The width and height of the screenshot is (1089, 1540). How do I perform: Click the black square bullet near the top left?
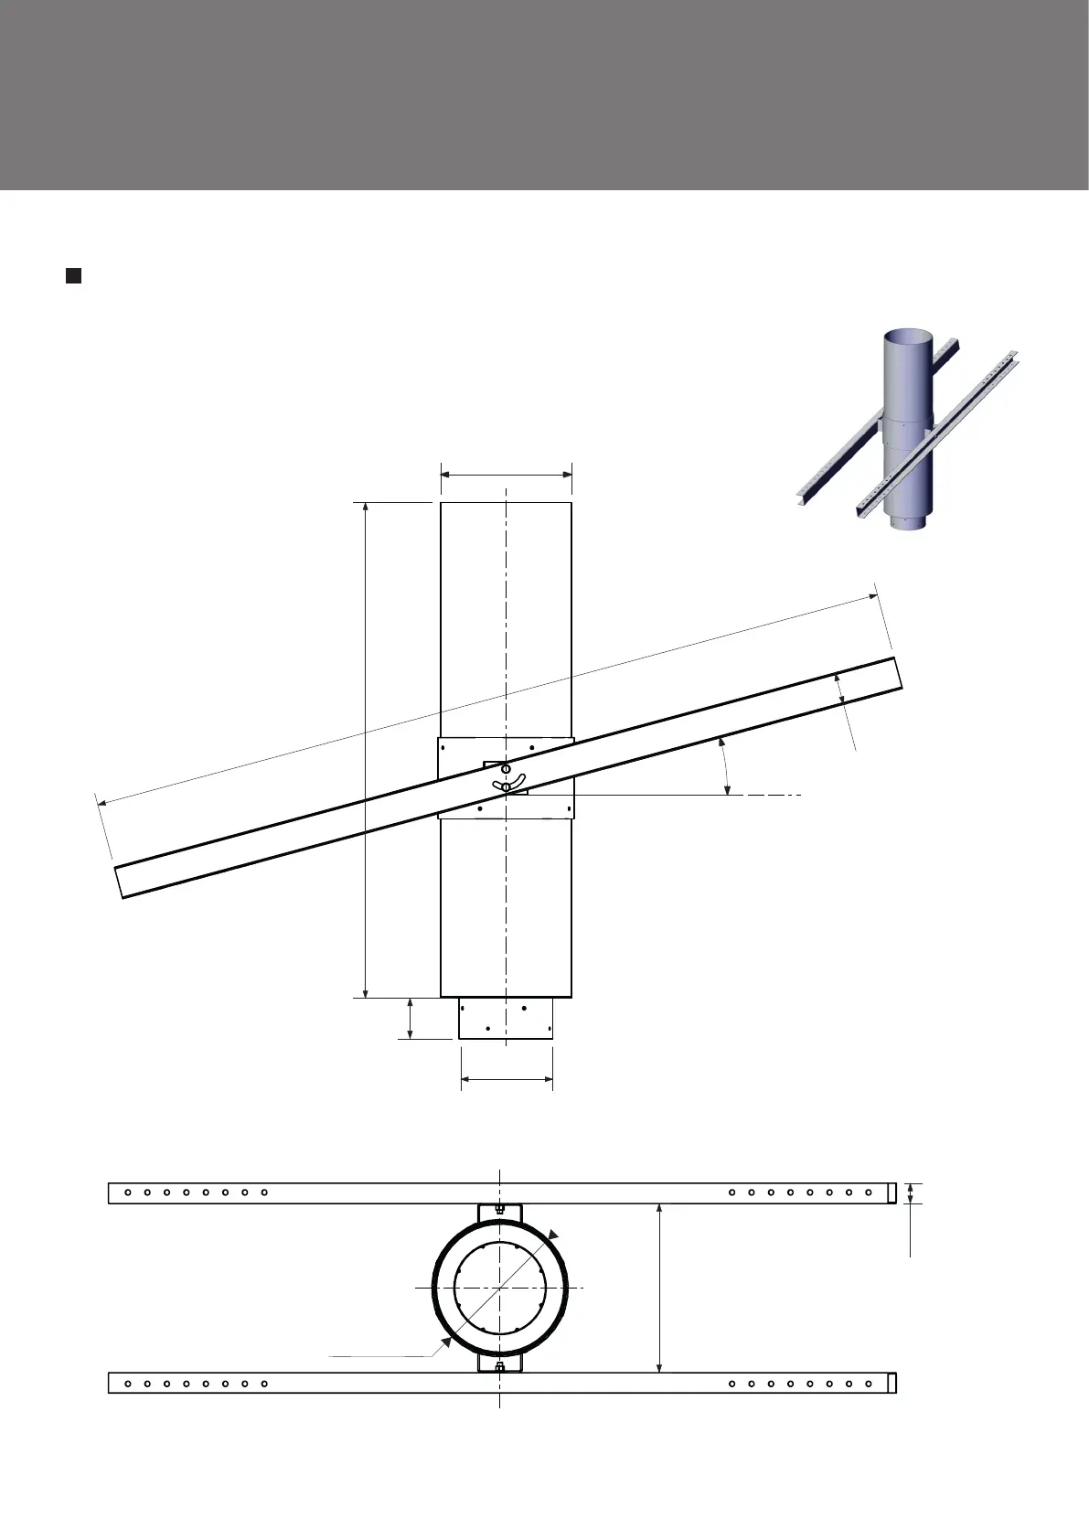pyautogui.click(x=73, y=275)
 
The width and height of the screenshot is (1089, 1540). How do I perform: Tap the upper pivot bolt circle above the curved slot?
pyautogui.click(x=506, y=769)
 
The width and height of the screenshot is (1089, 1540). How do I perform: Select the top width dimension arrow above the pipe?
pyautogui.click(x=507, y=474)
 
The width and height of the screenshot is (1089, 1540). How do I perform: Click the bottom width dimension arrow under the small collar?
pyautogui.click(x=507, y=1080)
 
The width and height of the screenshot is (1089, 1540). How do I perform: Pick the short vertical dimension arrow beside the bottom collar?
pyautogui.click(x=410, y=1018)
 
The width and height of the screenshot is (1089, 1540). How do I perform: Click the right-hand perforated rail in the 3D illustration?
pyautogui.click(x=942, y=430)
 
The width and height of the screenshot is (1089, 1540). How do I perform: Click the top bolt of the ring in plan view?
pyautogui.click(x=500, y=1209)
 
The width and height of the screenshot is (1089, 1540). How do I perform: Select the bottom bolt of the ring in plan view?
pyautogui.click(x=500, y=1367)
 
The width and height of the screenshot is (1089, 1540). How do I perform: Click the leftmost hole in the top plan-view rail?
pyautogui.click(x=128, y=1192)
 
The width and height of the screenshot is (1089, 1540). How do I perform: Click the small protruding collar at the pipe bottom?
pyautogui.click(x=506, y=1018)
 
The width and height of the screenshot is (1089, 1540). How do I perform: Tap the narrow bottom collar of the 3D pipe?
pyautogui.click(x=905, y=523)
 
